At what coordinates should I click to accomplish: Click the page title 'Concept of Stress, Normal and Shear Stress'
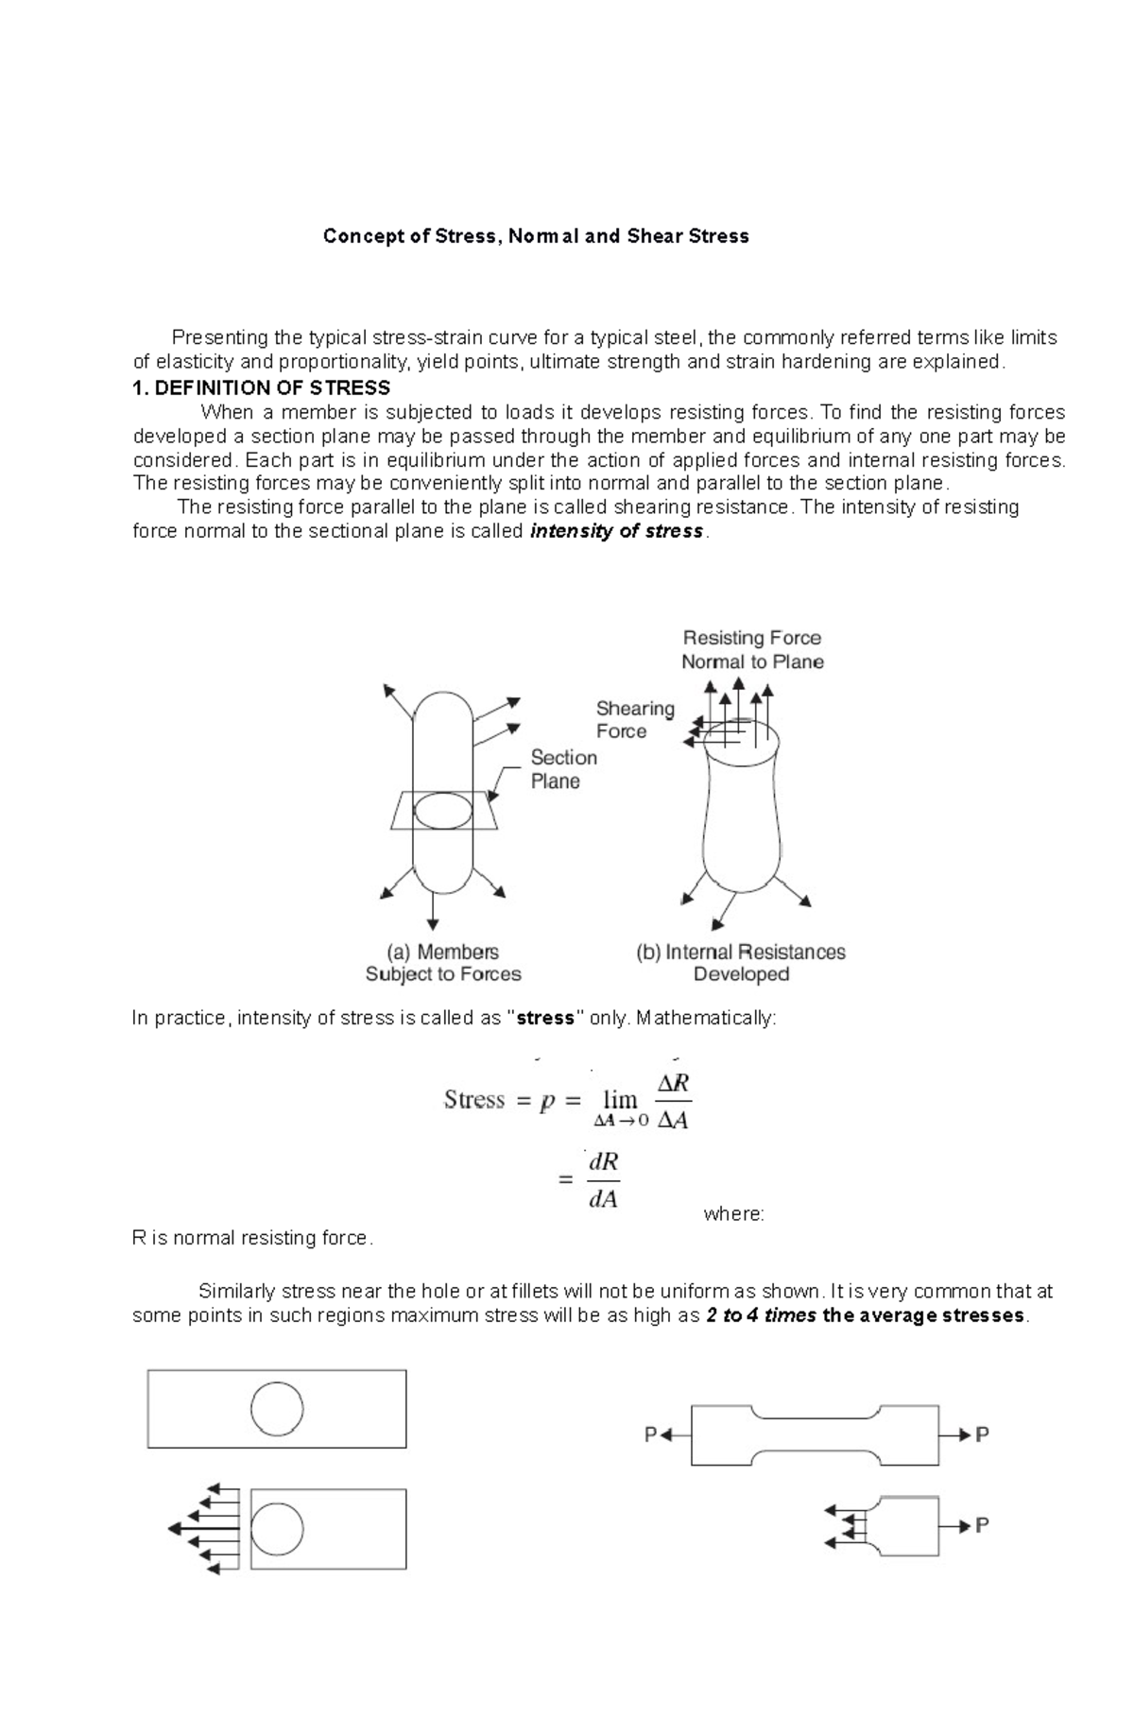click(536, 236)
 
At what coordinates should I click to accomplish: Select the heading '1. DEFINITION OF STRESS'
click(262, 388)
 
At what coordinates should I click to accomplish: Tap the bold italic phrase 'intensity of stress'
click(616, 531)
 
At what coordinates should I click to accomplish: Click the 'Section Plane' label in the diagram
click(563, 769)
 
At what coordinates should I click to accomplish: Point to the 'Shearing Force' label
click(634, 719)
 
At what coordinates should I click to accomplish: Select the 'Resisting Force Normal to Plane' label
click(752, 650)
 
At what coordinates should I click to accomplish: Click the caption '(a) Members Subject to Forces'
click(443, 963)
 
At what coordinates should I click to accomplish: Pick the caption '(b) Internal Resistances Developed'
click(740, 963)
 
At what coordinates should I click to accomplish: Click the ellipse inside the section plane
click(442, 811)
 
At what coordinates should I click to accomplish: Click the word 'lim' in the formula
click(620, 1099)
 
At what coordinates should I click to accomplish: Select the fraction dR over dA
click(603, 1180)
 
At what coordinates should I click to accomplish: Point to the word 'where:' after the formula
click(733, 1214)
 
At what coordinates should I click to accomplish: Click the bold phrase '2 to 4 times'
click(761, 1316)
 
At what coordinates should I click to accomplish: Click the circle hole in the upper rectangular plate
click(277, 1408)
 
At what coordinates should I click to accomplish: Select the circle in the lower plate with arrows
click(277, 1528)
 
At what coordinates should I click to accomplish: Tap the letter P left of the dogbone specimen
click(650, 1435)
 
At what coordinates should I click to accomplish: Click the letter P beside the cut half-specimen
click(982, 1524)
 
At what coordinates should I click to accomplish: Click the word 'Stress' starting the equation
click(474, 1100)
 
